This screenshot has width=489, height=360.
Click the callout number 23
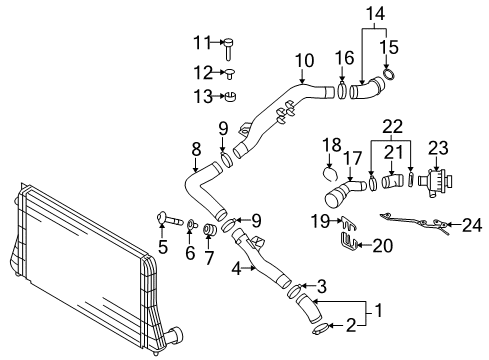pyautogui.click(x=438, y=148)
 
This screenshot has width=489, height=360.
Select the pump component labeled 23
pyautogui.click(x=435, y=183)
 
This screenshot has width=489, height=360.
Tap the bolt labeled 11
pyautogui.click(x=228, y=49)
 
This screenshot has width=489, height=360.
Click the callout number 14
pyautogui.click(x=375, y=14)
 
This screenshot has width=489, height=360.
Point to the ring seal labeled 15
pyautogui.click(x=389, y=74)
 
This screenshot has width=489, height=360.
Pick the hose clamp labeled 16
pyautogui.click(x=342, y=89)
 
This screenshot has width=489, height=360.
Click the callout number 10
pyautogui.click(x=304, y=61)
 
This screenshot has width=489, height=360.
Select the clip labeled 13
pyautogui.click(x=230, y=96)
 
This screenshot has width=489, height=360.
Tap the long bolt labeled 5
pyautogui.click(x=170, y=218)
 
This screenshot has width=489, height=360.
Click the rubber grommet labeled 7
pyautogui.click(x=210, y=230)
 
